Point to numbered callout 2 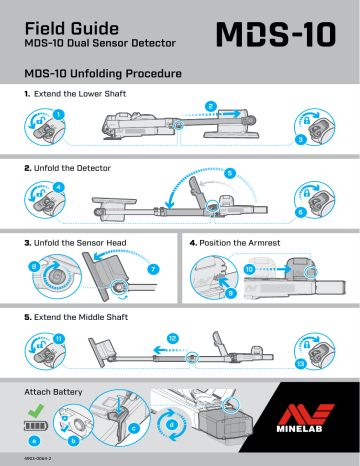[209, 106]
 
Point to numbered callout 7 [153, 269]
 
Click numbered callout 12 [173, 339]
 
